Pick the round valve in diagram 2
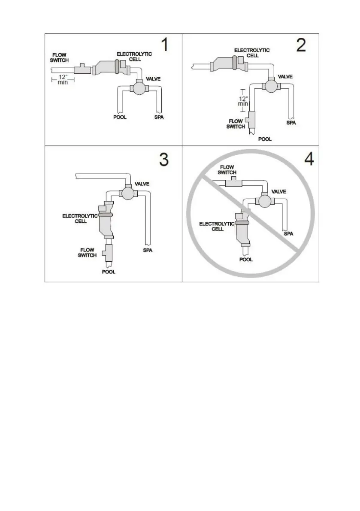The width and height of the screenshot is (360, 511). tap(271, 86)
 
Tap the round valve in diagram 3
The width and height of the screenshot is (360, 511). tap(127, 193)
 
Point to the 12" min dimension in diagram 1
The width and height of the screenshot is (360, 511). tap(63, 80)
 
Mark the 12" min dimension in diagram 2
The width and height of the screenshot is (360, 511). tap(243, 100)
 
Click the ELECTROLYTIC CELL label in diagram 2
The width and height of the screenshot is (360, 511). tap(252, 53)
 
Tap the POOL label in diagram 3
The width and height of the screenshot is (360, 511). tap(109, 272)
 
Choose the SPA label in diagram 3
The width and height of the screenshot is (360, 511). tap(148, 251)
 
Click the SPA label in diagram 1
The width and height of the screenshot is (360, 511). tap(159, 117)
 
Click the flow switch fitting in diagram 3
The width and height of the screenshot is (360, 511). tap(107, 253)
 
